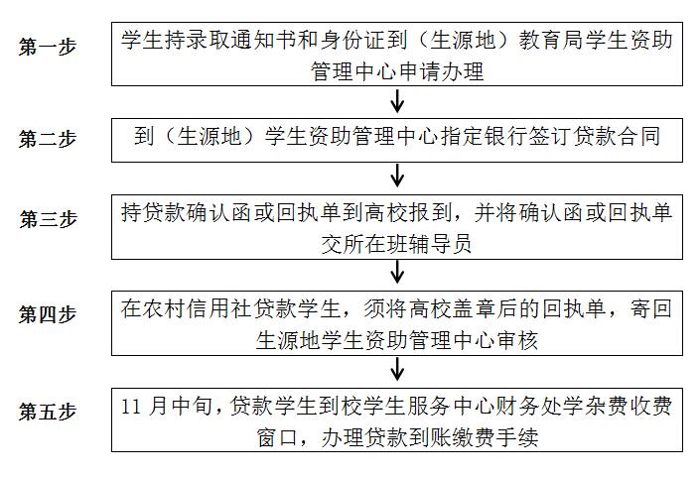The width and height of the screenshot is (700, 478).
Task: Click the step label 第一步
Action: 48,47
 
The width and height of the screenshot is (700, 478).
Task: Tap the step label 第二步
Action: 48,139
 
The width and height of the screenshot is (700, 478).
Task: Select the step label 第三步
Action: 48,219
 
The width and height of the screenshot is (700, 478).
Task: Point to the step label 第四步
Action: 48,314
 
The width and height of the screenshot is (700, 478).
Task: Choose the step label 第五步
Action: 48,412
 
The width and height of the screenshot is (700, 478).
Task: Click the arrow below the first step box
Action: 397,101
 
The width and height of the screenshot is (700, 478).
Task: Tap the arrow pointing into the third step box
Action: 397,176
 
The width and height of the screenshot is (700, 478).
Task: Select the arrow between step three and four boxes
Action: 397,272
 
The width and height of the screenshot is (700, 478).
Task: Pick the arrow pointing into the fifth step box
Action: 397,368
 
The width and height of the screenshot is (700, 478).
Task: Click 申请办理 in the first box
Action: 441,71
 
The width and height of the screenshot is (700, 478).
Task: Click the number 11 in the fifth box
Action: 131,407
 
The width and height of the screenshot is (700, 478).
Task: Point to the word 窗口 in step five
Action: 278,437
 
